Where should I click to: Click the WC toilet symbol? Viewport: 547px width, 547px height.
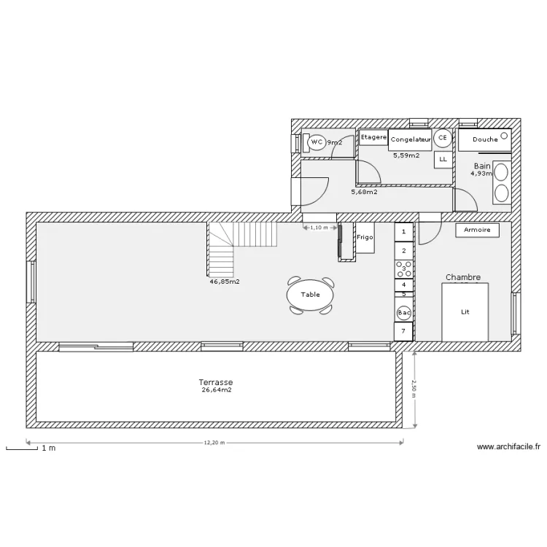coord(317,143)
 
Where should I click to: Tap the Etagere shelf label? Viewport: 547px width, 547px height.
coord(373,137)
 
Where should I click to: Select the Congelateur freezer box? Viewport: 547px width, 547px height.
coord(409,139)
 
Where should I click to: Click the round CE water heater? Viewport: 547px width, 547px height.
coord(442,137)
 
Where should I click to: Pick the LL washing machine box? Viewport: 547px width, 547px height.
coord(443,159)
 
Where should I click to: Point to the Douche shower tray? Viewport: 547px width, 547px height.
coord(485,139)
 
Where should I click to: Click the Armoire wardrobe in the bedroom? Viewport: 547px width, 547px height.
coord(478,230)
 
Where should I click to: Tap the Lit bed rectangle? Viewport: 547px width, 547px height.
coord(465,311)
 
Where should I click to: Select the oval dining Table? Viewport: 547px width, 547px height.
coord(311,295)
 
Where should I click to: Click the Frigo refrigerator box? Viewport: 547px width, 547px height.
coord(365,238)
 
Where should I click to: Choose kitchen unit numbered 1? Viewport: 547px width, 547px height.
coord(404,232)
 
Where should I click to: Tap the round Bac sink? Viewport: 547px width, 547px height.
coord(404,313)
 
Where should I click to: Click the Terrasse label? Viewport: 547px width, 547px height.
coord(216,381)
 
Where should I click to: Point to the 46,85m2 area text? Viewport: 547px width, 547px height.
coord(225,281)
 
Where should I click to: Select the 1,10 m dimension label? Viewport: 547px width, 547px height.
coord(319,228)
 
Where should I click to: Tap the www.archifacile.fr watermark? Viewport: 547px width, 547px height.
coord(508,447)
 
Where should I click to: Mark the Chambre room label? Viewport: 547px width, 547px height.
coord(462,277)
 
